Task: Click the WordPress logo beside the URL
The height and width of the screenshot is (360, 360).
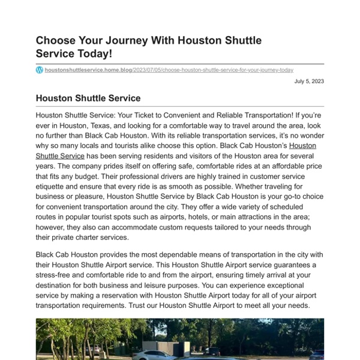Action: [40, 70]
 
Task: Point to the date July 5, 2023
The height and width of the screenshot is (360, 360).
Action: [309, 81]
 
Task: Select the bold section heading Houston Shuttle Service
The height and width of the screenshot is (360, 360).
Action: [88, 98]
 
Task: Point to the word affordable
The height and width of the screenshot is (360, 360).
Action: [278, 166]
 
